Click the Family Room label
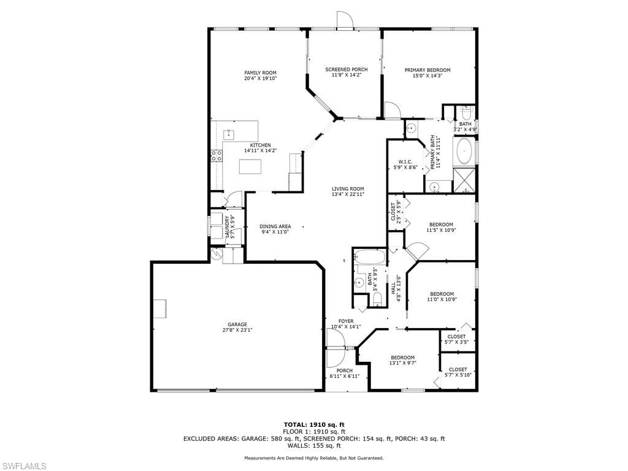(260, 73)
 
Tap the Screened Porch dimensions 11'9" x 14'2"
(346, 75)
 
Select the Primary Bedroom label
(427, 70)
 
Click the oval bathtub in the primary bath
(464, 151)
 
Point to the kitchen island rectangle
(250, 166)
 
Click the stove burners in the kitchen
(216, 156)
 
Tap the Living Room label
(348, 189)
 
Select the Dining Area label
(275, 227)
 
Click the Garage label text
(237, 325)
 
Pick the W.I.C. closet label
(405, 162)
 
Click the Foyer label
(346, 321)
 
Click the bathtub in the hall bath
(370, 257)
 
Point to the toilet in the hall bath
(377, 299)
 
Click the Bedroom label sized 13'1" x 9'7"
(402, 358)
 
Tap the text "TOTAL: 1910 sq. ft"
(314, 424)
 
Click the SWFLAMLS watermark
(23, 466)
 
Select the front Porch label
(345, 371)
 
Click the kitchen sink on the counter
(229, 134)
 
